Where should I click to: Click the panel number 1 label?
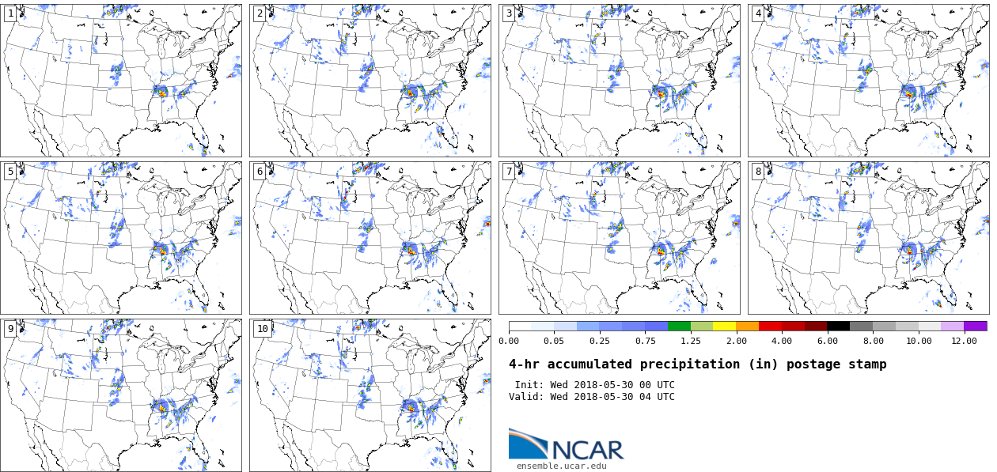pyautogui.click(x=10, y=13)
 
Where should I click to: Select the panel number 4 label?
pyautogui.click(x=758, y=13)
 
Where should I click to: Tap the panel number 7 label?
pyautogui.click(x=509, y=172)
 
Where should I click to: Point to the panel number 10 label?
pyautogui.click(x=262, y=329)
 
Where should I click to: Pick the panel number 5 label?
pyautogui.click(x=10, y=172)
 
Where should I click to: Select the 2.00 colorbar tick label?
pyautogui.click(x=736, y=341)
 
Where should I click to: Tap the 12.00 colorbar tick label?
pyautogui.click(x=964, y=341)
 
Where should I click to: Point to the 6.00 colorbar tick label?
pyautogui.click(x=827, y=341)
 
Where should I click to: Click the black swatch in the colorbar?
pyautogui.click(x=839, y=326)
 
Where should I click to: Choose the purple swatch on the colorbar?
pyautogui.click(x=976, y=326)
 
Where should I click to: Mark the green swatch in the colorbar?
pyautogui.click(x=679, y=326)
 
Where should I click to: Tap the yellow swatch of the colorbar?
pyautogui.click(x=724, y=326)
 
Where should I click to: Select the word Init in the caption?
pyautogui.click(x=528, y=385)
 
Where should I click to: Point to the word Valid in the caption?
pyautogui.click(x=525, y=397)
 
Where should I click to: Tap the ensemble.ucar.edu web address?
pyautogui.click(x=562, y=466)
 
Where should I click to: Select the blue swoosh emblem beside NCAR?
pyautogui.click(x=527, y=444)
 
